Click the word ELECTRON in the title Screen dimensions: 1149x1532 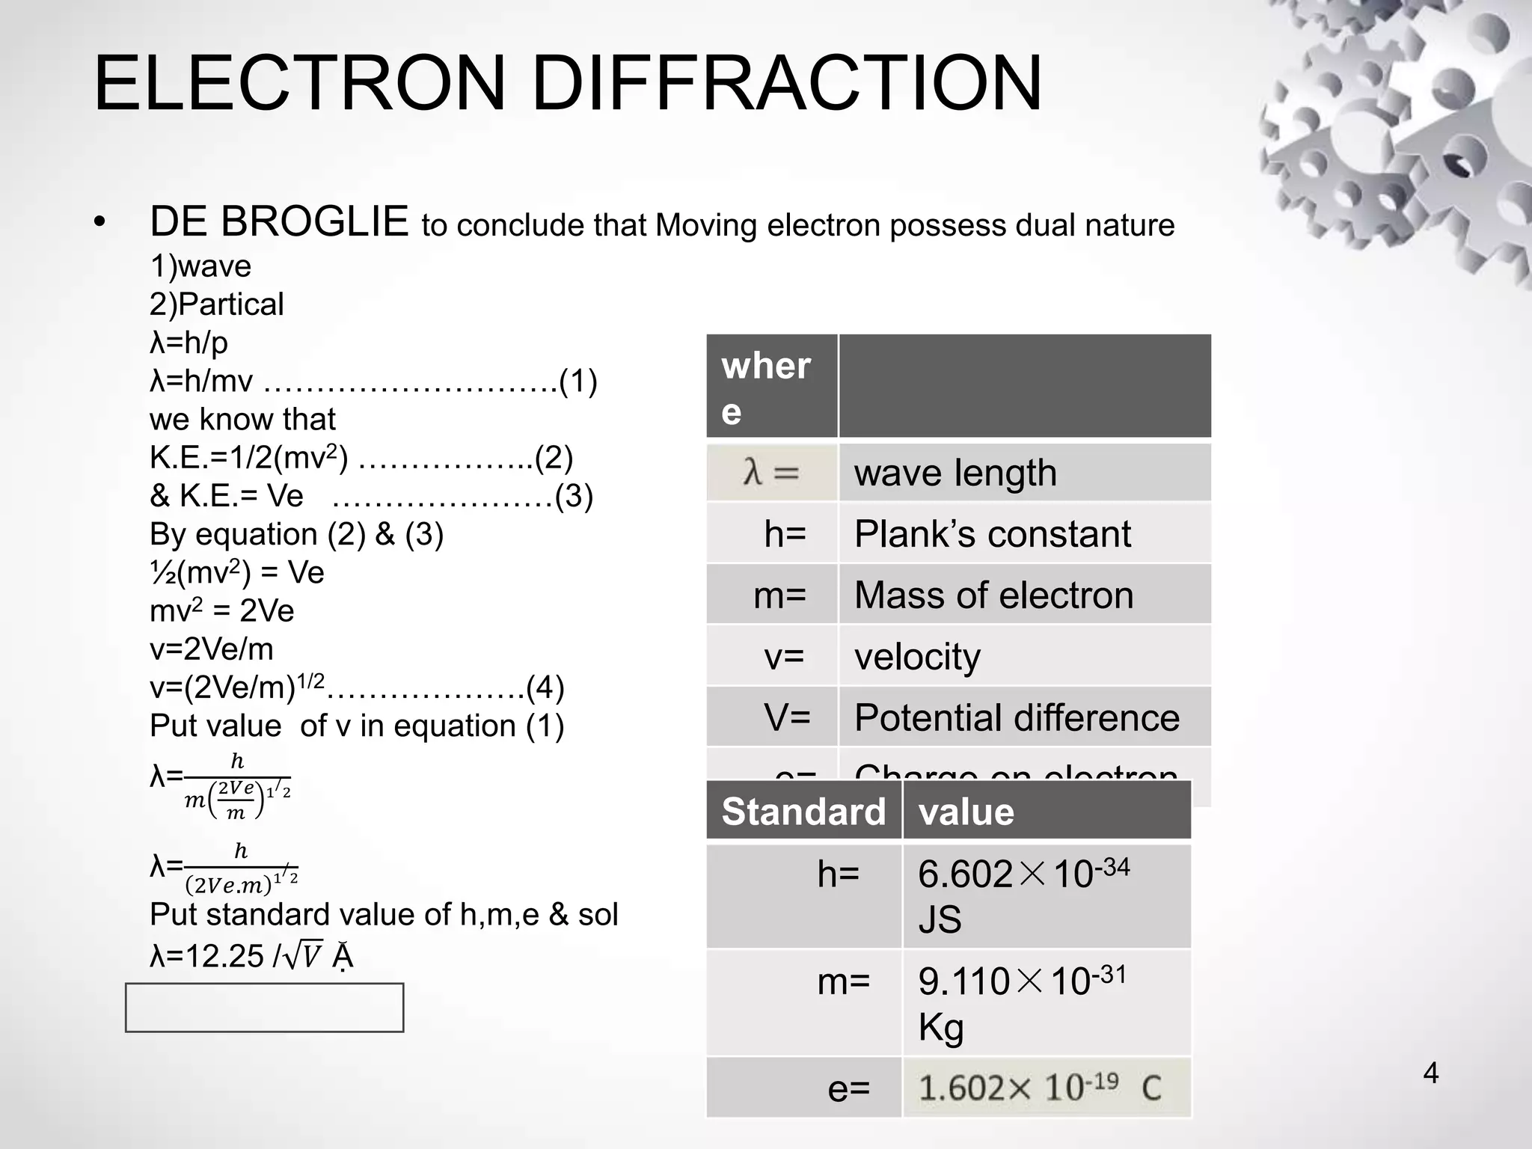click(300, 83)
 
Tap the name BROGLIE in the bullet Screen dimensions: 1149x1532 click(314, 222)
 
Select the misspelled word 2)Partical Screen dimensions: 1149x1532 click(217, 304)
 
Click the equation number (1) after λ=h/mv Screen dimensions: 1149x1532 click(578, 382)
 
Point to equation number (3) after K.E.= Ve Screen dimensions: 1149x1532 click(574, 496)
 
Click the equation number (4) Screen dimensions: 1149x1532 click(545, 687)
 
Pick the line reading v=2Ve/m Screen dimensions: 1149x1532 click(212, 649)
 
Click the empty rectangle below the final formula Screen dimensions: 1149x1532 click(265, 1008)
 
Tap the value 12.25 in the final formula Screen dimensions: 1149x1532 click(224, 956)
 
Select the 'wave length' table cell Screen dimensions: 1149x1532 click(955, 473)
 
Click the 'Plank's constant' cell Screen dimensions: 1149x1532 click(993, 534)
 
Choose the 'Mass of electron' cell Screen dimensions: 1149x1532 click(993, 595)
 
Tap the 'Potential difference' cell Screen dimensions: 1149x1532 click(1017, 717)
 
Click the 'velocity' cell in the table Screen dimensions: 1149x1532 click(917, 657)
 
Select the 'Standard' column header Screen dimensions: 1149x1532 click(803, 812)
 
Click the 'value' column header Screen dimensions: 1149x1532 click(966, 812)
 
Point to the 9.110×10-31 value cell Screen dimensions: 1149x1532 click(1022, 1002)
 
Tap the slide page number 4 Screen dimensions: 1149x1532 click(1430, 1073)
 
